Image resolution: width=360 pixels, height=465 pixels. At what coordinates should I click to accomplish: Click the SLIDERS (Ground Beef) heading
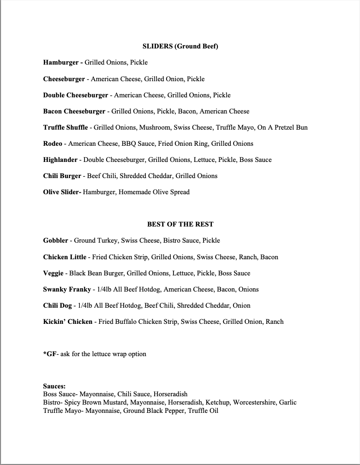pyautogui.click(x=180, y=46)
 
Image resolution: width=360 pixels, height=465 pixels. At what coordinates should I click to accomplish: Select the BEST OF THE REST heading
pyautogui.click(x=180, y=224)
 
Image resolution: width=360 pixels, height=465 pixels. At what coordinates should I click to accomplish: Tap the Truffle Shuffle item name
pyautogui.click(x=65, y=127)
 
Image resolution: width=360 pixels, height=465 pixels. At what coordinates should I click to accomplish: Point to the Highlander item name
pyautogui.click(x=61, y=160)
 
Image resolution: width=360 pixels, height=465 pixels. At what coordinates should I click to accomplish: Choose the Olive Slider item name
pyautogui.click(x=62, y=192)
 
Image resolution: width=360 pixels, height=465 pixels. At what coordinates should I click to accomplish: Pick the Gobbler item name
pyautogui.click(x=56, y=240)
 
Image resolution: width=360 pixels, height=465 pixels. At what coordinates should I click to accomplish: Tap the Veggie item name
pyautogui.click(x=53, y=273)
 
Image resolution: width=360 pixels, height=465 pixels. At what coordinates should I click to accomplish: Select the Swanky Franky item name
pyautogui.click(x=66, y=289)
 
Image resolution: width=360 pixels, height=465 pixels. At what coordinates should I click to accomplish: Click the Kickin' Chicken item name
pyautogui.click(x=68, y=322)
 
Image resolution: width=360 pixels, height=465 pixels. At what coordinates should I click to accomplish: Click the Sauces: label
pyautogui.click(x=54, y=386)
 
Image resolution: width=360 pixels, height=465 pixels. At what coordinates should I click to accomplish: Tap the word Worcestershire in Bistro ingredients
pyautogui.click(x=254, y=402)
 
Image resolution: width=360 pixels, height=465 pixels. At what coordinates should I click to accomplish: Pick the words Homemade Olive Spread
pyautogui.click(x=154, y=192)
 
